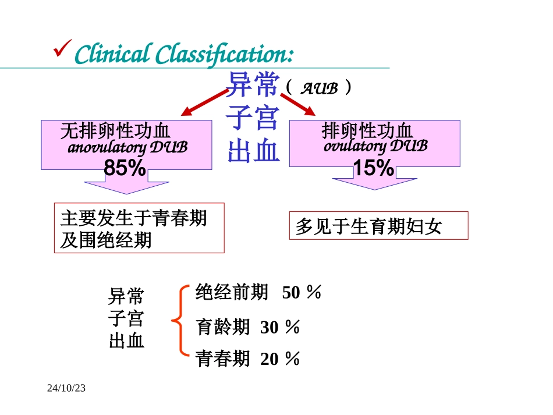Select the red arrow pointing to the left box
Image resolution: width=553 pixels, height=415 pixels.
point(204,102)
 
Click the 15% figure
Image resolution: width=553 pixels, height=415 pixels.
point(374,168)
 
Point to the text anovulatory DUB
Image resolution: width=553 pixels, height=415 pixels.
point(127,148)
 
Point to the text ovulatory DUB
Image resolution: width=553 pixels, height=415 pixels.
point(375,146)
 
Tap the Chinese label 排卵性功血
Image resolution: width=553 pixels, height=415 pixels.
point(367,131)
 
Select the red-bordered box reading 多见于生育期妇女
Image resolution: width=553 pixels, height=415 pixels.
point(378,225)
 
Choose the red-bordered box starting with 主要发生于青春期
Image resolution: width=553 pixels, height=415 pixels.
point(139,228)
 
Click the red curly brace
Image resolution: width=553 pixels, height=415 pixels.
point(181,320)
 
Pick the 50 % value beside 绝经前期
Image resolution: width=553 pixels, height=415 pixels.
point(302,293)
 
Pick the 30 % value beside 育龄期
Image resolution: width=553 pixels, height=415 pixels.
point(280,328)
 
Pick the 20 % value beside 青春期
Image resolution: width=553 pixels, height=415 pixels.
point(280,360)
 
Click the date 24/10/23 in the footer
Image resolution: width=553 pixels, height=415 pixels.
point(66,387)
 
